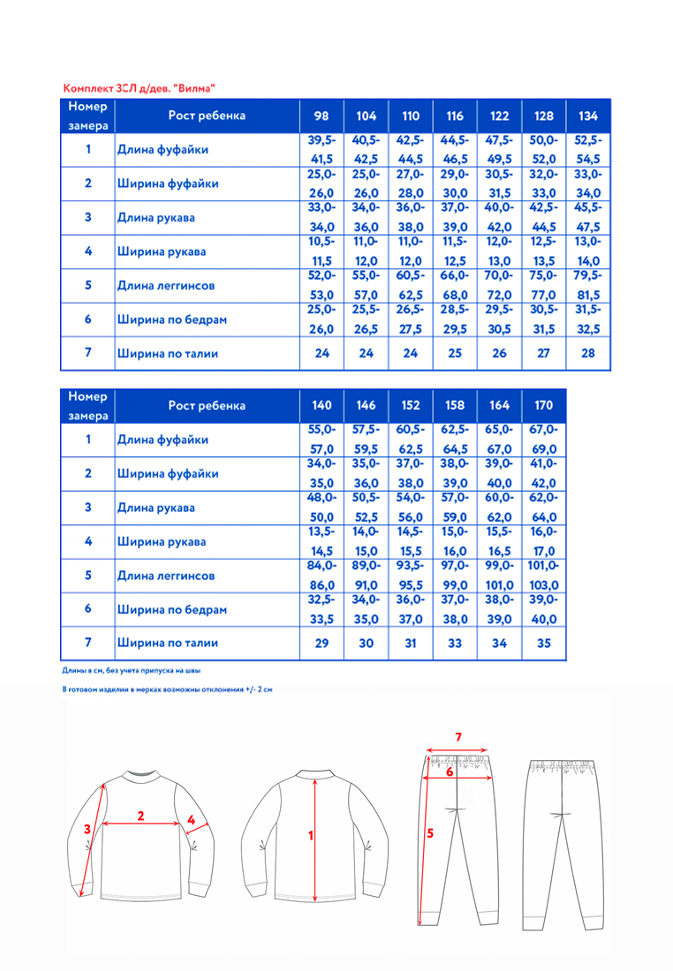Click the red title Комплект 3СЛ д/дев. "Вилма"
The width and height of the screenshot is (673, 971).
140,88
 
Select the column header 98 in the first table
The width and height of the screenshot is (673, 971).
321,116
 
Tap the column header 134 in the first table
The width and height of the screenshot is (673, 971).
587,116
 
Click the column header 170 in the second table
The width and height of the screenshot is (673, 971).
544,405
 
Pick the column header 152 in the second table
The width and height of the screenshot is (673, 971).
411,405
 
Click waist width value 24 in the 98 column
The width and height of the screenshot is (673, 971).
321,353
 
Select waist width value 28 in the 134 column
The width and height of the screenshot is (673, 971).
587,353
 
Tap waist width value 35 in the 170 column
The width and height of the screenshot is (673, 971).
544,643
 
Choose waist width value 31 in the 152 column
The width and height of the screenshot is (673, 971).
411,643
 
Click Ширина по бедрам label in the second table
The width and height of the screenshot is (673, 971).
172,609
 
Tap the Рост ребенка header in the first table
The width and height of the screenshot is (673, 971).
208,116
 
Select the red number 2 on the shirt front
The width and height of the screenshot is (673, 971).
140,816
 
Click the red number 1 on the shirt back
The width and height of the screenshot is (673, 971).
311,834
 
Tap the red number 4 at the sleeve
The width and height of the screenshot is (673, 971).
191,820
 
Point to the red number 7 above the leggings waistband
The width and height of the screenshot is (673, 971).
457,736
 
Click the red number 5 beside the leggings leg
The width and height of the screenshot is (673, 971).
429,832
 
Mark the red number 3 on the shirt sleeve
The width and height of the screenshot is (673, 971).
87,829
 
